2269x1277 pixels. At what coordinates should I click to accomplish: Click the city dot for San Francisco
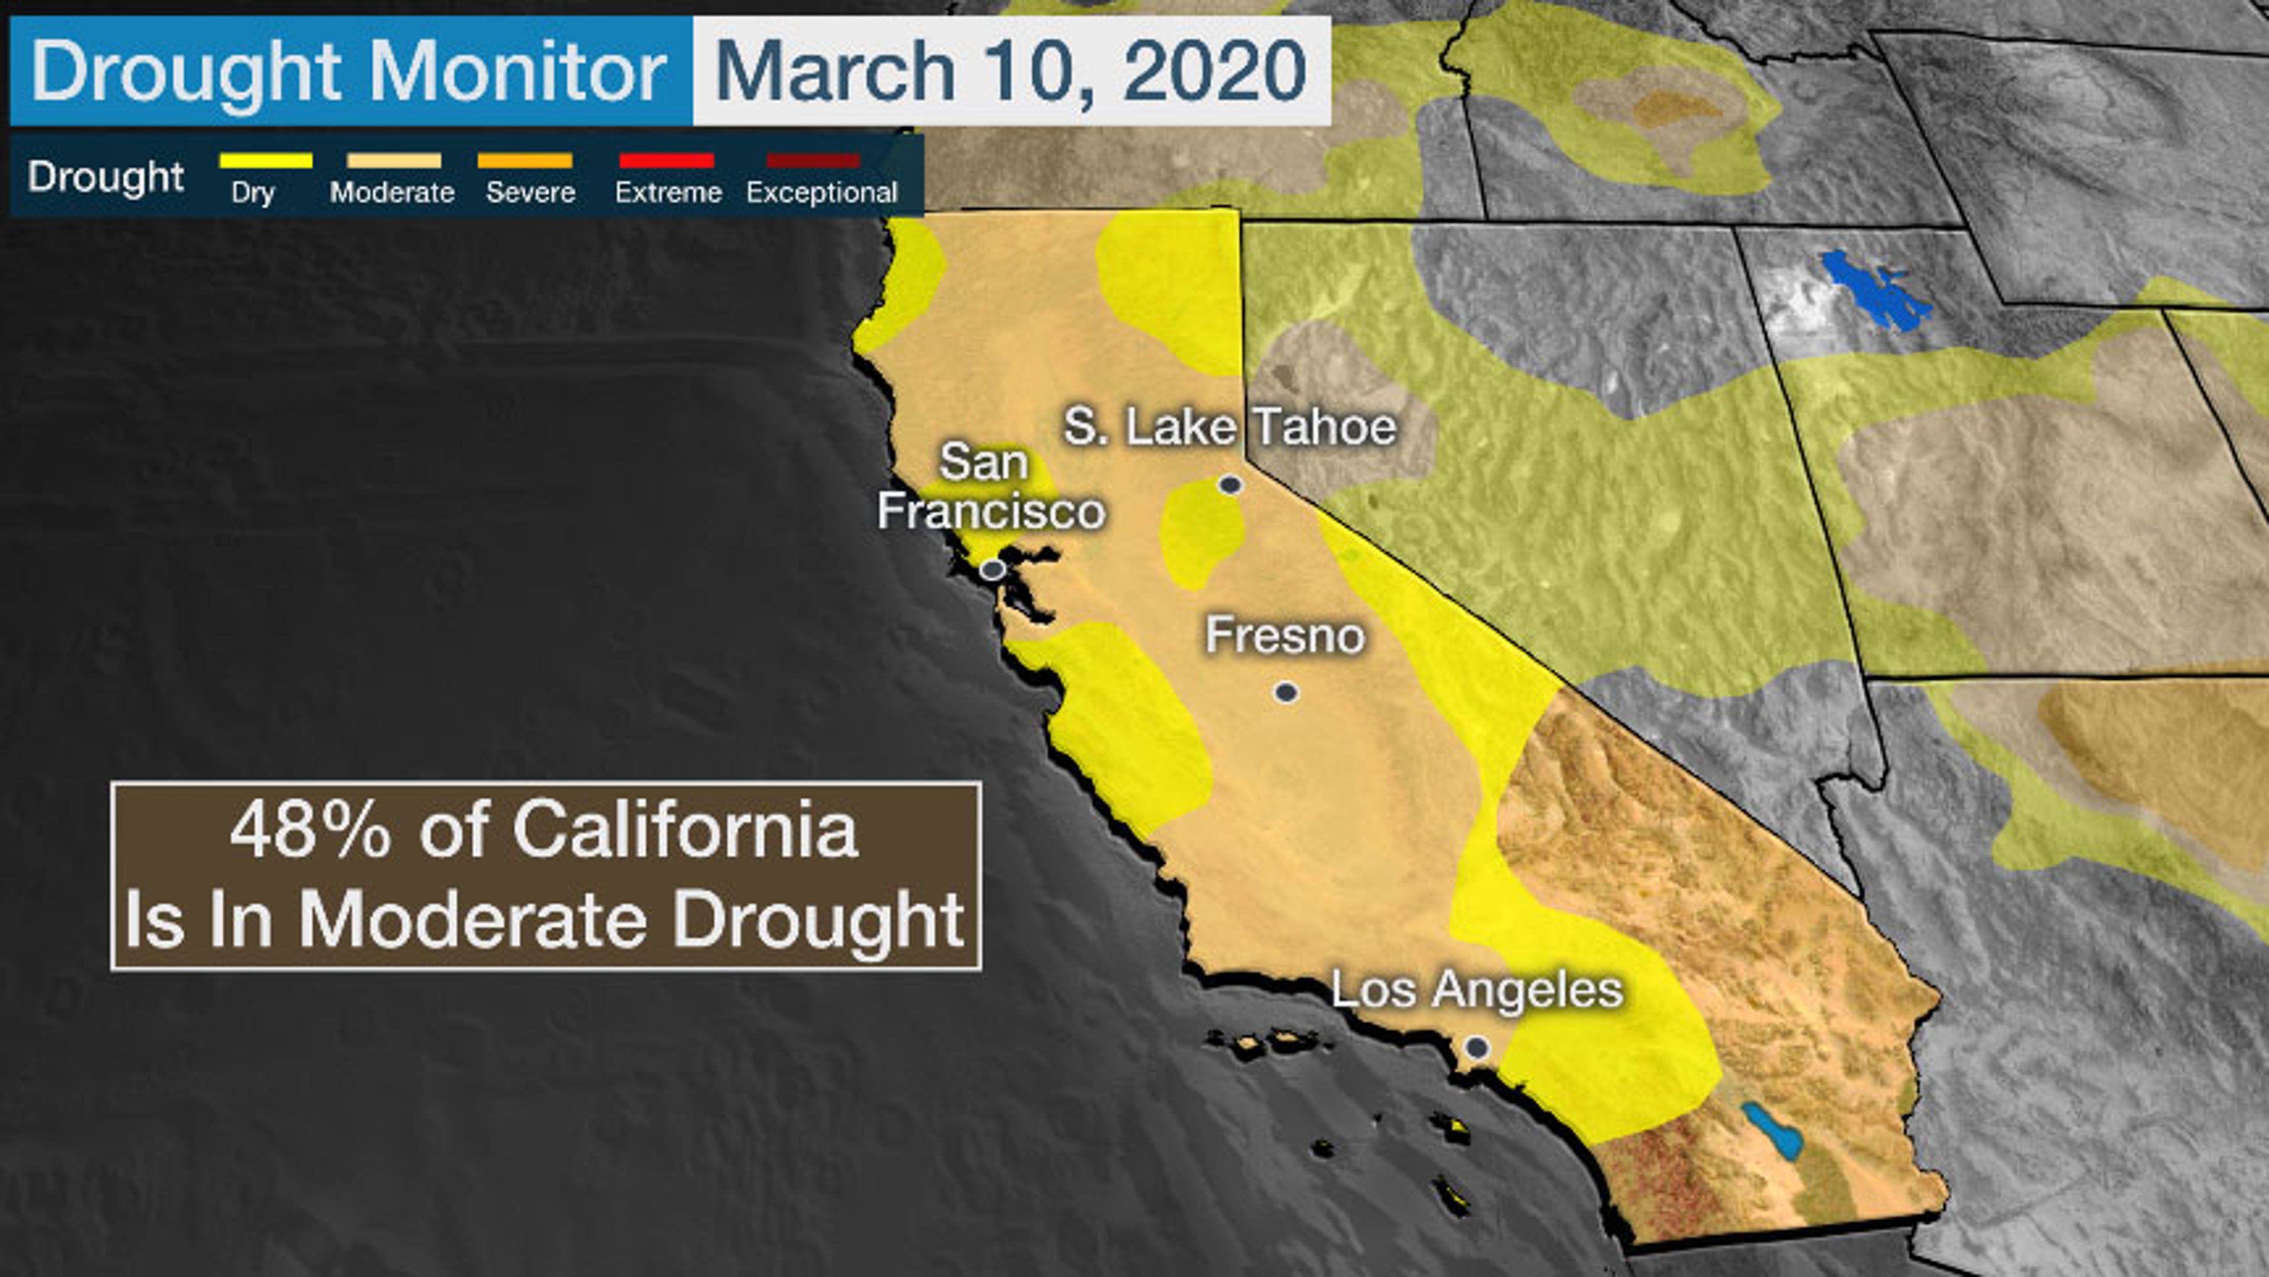(x=993, y=569)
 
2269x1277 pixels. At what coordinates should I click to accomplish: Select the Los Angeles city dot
(x=1477, y=1048)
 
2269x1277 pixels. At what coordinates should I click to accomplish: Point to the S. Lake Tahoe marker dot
(x=1230, y=484)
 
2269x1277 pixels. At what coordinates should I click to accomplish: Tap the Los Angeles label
(x=1476, y=989)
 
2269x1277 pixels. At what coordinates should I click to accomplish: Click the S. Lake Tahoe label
(x=1230, y=427)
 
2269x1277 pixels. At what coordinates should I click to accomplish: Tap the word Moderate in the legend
(x=392, y=192)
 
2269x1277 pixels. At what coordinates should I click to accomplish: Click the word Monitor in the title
(x=517, y=70)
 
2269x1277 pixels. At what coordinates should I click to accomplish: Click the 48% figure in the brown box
(x=309, y=831)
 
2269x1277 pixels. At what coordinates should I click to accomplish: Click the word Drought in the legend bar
(x=106, y=176)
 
